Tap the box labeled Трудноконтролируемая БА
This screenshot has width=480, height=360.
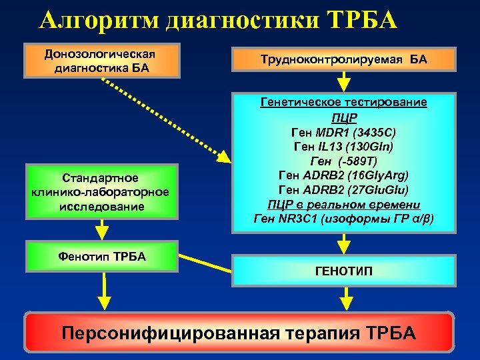pos(343,60)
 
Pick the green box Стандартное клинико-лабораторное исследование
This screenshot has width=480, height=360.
pos(100,192)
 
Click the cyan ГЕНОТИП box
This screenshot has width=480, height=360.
pos(343,271)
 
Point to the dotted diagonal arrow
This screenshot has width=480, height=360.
pos(163,117)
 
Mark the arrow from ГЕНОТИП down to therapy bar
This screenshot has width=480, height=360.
pos(347,297)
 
